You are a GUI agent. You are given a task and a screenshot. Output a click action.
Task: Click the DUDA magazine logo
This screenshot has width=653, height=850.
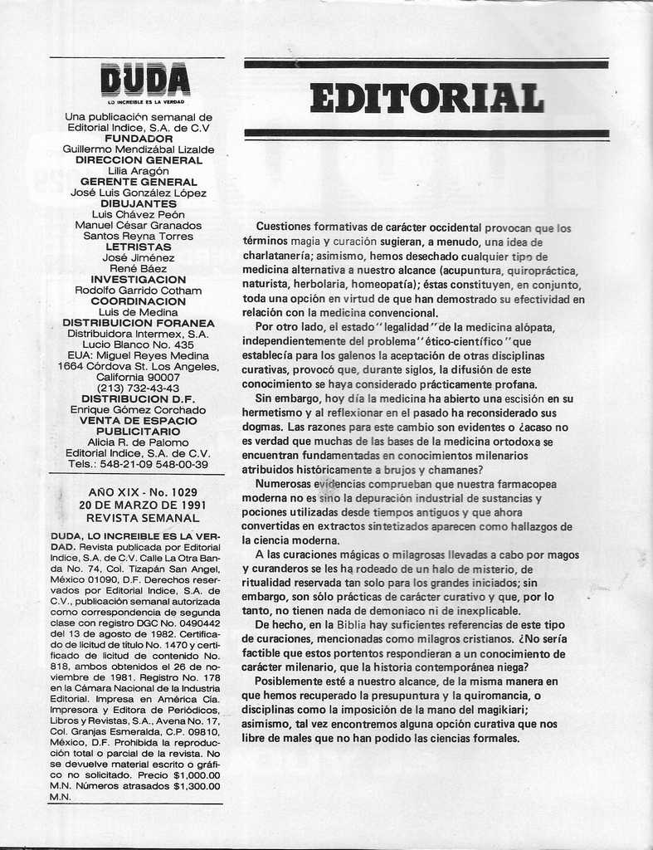click(x=144, y=81)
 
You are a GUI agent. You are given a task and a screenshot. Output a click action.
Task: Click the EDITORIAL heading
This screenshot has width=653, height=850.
click(x=426, y=97)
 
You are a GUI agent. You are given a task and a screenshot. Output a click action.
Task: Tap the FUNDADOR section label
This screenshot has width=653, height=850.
click(x=139, y=139)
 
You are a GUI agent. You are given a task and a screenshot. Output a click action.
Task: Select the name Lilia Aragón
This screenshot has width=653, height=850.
click(x=139, y=171)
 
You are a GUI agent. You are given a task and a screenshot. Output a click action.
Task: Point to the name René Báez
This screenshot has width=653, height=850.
click(x=139, y=268)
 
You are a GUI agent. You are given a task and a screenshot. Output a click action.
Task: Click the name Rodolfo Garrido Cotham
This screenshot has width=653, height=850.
click(x=139, y=291)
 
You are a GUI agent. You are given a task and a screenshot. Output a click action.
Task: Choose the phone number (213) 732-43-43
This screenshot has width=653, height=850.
click(x=138, y=388)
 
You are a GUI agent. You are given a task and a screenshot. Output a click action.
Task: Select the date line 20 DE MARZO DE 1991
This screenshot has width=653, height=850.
click(x=138, y=504)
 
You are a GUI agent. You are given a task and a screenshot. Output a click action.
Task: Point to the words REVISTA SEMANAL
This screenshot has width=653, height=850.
click(x=138, y=516)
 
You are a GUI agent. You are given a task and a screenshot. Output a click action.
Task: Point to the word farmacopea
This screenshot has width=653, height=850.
click(x=527, y=484)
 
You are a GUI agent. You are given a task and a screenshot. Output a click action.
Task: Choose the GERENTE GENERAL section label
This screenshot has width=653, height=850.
click(x=139, y=182)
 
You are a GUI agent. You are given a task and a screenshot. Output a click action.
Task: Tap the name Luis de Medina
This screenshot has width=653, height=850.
click(x=139, y=312)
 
